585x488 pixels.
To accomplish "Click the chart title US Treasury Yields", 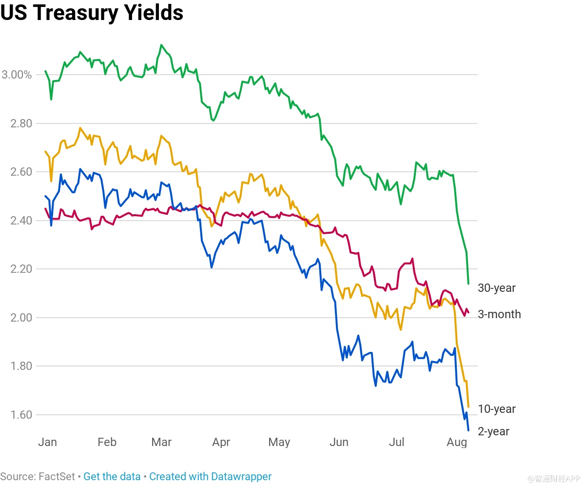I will click(x=92, y=13).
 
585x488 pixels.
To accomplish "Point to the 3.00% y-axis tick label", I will click(x=17, y=75).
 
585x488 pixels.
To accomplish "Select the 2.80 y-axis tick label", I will click(x=21, y=123).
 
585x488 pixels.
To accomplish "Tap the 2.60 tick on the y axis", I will click(x=21, y=172).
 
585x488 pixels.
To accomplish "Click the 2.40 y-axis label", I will click(x=21, y=221).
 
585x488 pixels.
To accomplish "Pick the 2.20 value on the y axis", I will click(x=21, y=269).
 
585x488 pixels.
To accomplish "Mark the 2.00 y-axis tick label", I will click(x=21, y=318).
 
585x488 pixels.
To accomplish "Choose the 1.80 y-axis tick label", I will click(x=21, y=366).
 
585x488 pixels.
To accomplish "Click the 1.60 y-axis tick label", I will click(x=21, y=415).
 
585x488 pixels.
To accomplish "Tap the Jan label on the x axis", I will click(x=47, y=442).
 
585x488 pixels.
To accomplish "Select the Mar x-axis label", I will click(x=161, y=442).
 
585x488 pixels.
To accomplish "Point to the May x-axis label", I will click(x=279, y=442).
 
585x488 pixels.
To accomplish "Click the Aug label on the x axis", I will click(x=457, y=442).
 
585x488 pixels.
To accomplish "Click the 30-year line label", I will click(x=496, y=288).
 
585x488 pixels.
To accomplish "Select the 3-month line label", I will click(x=499, y=314).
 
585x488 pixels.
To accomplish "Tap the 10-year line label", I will click(x=496, y=409).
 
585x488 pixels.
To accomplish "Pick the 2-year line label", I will click(x=493, y=431).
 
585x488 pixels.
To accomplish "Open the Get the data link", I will click(x=112, y=476).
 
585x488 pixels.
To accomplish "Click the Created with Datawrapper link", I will click(x=210, y=476).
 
